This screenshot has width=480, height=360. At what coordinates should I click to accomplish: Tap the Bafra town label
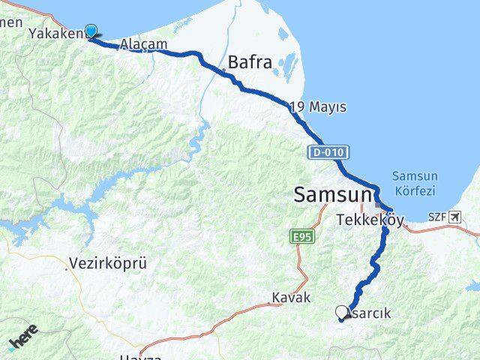pos(250,63)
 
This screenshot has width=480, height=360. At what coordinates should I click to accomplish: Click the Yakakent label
pos(57,34)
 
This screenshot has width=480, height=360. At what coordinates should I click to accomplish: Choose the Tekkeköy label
pos(370,220)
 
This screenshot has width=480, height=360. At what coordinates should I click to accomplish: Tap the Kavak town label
pos(292,298)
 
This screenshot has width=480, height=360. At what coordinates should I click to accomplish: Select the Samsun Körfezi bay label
pos(413,184)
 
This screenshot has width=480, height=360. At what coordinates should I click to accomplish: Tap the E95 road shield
pos(300,237)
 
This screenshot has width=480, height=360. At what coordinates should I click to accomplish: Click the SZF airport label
pos(436,217)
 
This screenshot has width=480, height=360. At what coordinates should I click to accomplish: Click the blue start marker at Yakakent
pos(91,31)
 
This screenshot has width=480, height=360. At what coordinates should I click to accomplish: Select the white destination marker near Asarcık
pos(343,313)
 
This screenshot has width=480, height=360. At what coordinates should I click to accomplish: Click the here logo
pos(22,339)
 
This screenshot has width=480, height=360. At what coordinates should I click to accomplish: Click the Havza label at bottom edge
pos(139,356)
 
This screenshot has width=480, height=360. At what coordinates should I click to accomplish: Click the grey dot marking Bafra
pos(223,70)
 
